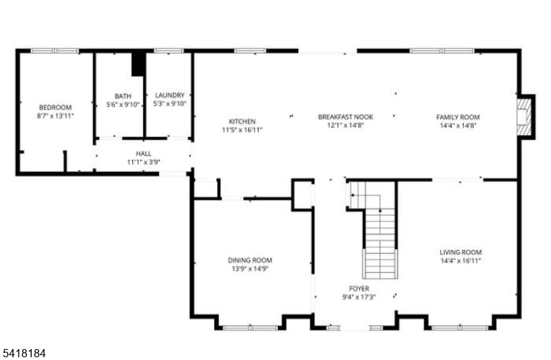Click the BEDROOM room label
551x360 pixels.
(55, 107)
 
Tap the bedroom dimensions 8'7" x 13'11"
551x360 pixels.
(55, 116)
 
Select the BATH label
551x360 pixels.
(123, 96)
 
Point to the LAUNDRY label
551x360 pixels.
(169, 95)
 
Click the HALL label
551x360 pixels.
(143, 153)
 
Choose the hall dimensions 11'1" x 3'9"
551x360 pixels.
(143, 162)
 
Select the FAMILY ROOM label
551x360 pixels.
(457, 117)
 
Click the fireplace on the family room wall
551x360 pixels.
(525, 116)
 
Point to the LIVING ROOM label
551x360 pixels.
(461, 253)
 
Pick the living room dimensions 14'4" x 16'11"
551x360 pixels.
(461, 261)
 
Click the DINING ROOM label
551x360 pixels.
(250, 260)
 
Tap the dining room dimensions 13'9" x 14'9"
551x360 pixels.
(250, 268)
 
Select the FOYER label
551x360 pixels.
(359, 288)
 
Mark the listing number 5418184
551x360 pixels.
(24, 352)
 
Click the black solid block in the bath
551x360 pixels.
(139, 63)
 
